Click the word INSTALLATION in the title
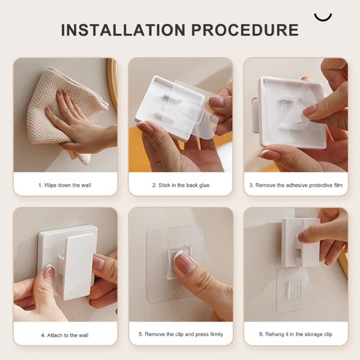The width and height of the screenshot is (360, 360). point(122,30)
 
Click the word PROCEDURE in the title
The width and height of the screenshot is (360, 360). point(245,30)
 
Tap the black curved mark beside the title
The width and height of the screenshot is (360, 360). point(323,17)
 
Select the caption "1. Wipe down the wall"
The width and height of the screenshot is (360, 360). point(65,185)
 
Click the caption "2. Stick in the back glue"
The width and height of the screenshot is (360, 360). point(180,185)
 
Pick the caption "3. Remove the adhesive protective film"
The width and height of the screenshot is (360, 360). point(296,185)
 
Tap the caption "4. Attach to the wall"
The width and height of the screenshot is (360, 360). point(65,335)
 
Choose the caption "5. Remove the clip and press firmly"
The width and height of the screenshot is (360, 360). point(180,334)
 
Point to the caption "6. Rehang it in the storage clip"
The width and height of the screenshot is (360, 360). point(296,334)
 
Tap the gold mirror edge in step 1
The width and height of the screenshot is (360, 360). point(112,83)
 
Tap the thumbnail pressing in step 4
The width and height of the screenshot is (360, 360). point(49,273)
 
